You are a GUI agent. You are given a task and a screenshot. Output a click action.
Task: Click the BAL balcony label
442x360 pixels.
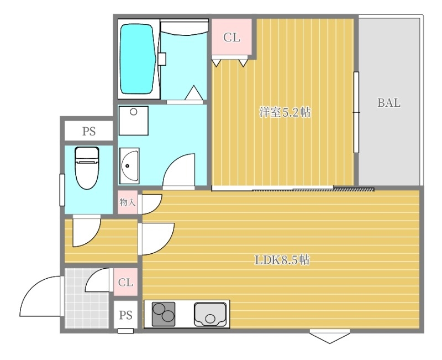coord(389,103)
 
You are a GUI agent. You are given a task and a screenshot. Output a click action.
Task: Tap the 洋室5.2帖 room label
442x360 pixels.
coord(285,113)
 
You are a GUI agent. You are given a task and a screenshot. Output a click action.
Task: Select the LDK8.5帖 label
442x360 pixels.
coord(282,260)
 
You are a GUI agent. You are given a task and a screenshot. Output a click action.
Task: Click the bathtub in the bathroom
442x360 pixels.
coord(139,59)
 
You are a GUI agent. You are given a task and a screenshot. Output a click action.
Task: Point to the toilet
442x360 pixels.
coord(87,168)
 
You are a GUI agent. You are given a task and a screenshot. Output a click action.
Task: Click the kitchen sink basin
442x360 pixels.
coord(211,315)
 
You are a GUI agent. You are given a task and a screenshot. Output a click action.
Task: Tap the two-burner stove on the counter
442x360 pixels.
coord(164,314)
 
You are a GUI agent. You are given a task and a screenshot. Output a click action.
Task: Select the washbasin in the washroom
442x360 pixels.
coord(129,166)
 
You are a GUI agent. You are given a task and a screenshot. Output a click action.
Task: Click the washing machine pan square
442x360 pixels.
coord(133,121)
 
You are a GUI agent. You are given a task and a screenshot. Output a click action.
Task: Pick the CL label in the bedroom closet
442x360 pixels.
coord(231,37)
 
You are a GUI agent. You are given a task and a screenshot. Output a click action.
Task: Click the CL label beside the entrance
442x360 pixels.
coord(125,282)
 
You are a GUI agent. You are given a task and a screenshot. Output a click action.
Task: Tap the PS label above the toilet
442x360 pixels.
coord(89,132)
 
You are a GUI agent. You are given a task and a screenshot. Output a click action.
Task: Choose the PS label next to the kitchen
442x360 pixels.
coord(125,315)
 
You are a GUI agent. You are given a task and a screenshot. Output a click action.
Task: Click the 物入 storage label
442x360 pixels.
coord(128,202)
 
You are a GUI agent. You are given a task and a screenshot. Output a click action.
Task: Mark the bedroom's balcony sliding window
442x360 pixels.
coord(356,112)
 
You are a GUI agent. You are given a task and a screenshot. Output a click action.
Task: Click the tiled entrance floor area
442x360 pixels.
coord(86,299)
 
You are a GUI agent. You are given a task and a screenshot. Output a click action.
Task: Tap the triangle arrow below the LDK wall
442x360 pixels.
coord(330,338)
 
